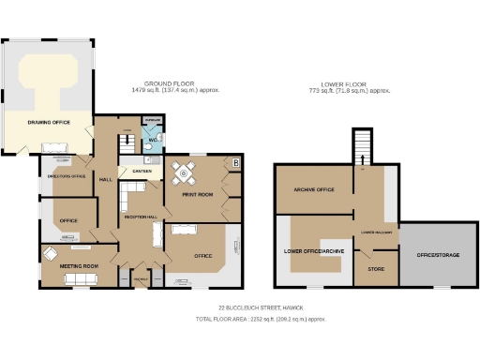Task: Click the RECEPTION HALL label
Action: pos(140,217)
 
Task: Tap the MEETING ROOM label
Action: pos(79,266)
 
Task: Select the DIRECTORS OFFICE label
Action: pos(67,175)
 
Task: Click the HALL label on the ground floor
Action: pos(106,179)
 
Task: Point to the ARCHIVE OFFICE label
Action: pos(314,190)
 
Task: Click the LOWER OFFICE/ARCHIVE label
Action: pos(314,252)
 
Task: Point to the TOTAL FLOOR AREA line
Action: pos(260,319)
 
